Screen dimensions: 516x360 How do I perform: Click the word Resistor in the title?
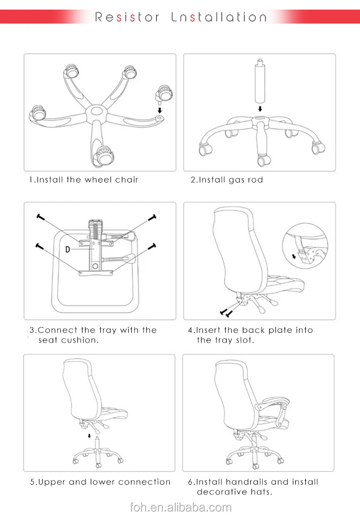coord(127,17)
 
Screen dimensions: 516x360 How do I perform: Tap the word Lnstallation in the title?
coord(219,17)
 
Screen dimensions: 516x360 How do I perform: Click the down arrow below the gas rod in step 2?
coord(259,109)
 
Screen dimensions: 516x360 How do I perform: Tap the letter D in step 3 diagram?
coord(68,249)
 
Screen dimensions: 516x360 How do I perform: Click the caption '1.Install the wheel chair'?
coord(83,180)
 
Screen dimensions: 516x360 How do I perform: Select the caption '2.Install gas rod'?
coord(227,180)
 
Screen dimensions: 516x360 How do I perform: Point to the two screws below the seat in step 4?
coord(225,313)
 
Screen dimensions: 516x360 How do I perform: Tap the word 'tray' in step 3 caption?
coord(108,330)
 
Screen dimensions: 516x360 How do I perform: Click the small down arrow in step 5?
coord(88,436)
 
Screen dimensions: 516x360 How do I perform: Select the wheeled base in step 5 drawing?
coord(97,454)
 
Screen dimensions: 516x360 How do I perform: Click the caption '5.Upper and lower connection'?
coord(100,482)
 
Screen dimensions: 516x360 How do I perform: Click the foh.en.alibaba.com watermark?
coord(181,507)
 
